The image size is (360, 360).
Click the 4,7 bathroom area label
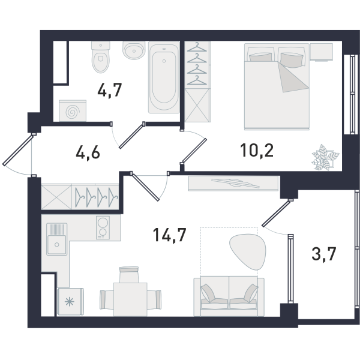click(109, 90)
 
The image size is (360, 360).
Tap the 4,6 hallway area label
click(88, 152)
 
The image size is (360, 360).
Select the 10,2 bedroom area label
click(257, 151)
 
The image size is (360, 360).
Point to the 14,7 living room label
click(169, 235)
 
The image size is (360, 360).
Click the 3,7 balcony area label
click(324, 254)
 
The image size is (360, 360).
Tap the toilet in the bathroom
click(100, 57)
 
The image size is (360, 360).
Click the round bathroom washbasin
click(134, 50)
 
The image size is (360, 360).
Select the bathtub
click(164, 77)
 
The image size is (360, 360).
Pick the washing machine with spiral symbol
click(73, 110)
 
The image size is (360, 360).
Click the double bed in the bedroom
click(277, 86)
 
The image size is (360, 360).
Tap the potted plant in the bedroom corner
click(325, 157)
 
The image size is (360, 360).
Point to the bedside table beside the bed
click(321, 52)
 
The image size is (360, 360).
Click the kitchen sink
click(57, 239)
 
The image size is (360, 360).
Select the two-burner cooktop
click(103, 227)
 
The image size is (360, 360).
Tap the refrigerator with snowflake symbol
click(70, 302)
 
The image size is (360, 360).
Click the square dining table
click(130, 299)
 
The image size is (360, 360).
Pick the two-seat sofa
click(229, 296)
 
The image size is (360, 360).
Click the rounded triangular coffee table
click(248, 251)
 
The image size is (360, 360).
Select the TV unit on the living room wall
click(233, 183)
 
